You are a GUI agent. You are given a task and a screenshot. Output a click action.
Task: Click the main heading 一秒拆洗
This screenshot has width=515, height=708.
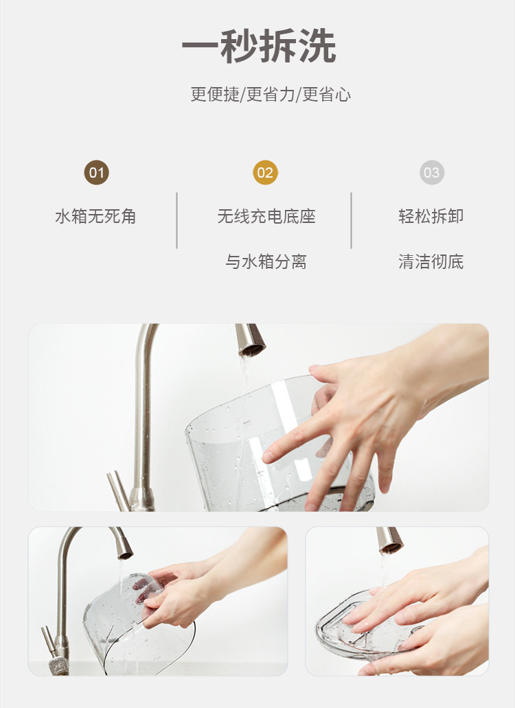click(259, 46)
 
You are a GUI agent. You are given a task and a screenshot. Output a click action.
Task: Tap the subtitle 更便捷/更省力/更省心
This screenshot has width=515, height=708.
click(270, 95)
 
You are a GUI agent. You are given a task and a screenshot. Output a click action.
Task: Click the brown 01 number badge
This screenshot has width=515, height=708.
click(96, 172)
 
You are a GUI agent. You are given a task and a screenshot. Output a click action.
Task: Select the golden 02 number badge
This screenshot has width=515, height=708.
click(265, 172)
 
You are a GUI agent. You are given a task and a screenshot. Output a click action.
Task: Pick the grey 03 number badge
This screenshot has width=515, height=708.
click(432, 172)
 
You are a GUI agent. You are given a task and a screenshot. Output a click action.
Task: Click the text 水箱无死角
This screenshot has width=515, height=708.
click(95, 216)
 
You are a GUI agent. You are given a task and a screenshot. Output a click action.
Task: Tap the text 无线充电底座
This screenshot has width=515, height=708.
click(266, 216)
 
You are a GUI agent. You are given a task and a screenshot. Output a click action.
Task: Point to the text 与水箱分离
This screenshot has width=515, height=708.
click(266, 261)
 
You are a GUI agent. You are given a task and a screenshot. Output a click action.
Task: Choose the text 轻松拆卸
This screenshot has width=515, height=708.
click(431, 216)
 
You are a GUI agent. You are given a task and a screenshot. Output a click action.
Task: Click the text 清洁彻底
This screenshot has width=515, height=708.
click(431, 261)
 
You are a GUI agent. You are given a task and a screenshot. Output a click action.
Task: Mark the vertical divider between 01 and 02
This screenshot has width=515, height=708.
click(176, 220)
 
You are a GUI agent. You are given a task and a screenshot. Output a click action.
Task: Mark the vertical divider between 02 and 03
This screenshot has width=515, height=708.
click(351, 220)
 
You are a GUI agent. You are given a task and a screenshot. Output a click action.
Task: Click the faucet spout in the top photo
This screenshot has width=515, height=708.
click(249, 340)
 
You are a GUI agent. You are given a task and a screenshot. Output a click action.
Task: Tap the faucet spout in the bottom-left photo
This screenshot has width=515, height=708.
click(122, 543)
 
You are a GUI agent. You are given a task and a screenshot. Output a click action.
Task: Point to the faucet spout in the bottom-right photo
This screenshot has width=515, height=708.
click(389, 540)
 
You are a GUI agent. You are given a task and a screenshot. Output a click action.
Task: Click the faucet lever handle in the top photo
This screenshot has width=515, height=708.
click(118, 491)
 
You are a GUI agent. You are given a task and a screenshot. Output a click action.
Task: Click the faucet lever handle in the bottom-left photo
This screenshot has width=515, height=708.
click(49, 641)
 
